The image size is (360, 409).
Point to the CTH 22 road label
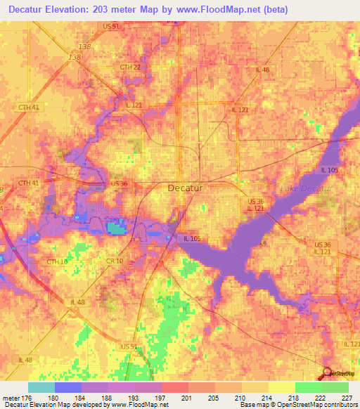click(130, 67)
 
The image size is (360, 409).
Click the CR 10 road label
click(115, 261)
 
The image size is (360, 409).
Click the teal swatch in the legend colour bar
click(41, 387)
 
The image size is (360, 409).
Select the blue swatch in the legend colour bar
click(68, 387)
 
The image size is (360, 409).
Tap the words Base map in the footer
click(253, 405)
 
